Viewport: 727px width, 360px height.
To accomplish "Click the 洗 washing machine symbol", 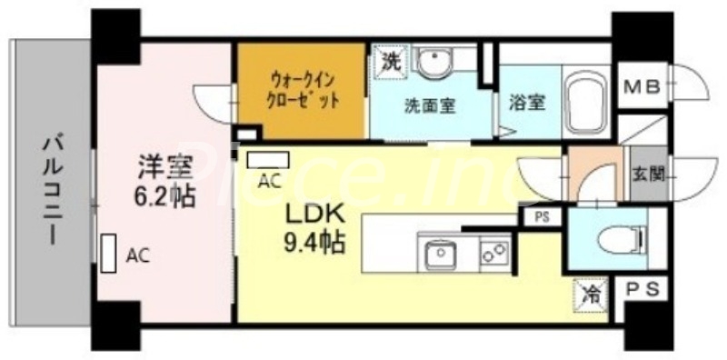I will tap(389, 63).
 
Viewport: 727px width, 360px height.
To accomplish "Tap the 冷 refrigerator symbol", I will tap(591, 295).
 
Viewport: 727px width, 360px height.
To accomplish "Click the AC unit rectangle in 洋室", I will tap(109, 254).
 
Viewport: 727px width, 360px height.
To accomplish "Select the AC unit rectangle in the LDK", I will tap(268, 160).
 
